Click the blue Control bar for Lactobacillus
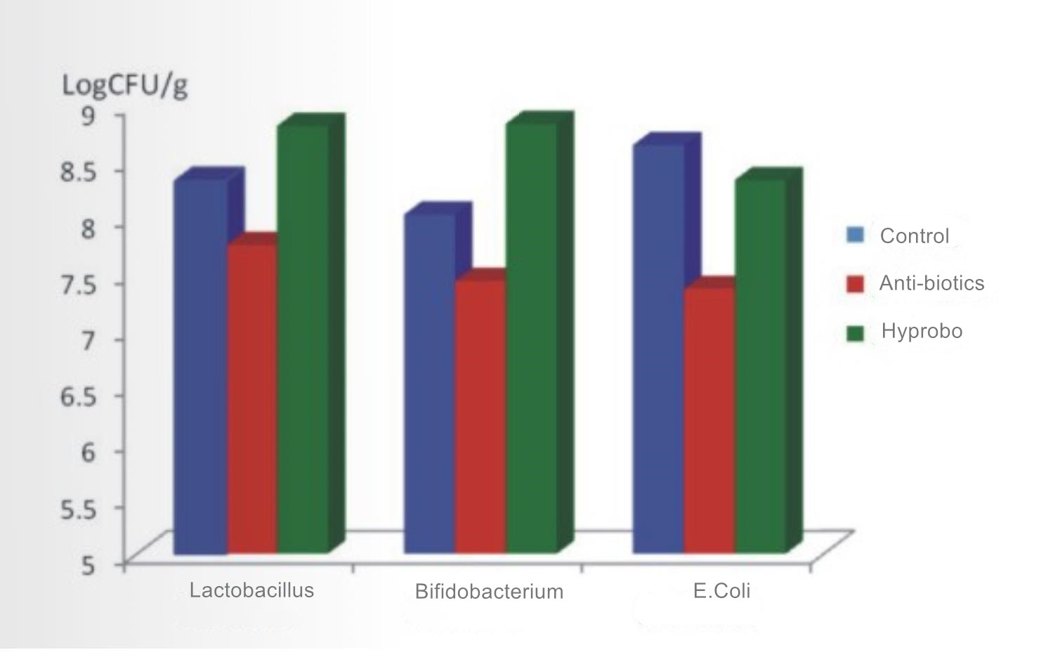pyautogui.click(x=200, y=365)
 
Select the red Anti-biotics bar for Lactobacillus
pyautogui.click(x=252, y=397)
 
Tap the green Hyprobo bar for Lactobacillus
pyautogui.click(x=303, y=337)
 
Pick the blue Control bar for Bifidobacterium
pyautogui.click(x=429, y=383)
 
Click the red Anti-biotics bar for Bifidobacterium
pyautogui.click(x=480, y=415)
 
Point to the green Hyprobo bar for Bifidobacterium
pyautogui.click(x=531, y=337)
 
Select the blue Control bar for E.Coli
pyautogui.click(x=658, y=348)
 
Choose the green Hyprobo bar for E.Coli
pyautogui.click(x=760, y=365)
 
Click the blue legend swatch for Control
pyautogui.click(x=856, y=235)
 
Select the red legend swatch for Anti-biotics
pyautogui.click(x=856, y=283)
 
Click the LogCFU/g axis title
pyautogui.click(x=125, y=86)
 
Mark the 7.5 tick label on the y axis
pyautogui.click(x=78, y=284)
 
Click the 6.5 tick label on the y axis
pyautogui.click(x=78, y=396)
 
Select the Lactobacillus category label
pyautogui.click(x=251, y=590)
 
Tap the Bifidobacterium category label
pyautogui.click(x=489, y=592)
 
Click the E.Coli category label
pyautogui.click(x=721, y=591)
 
